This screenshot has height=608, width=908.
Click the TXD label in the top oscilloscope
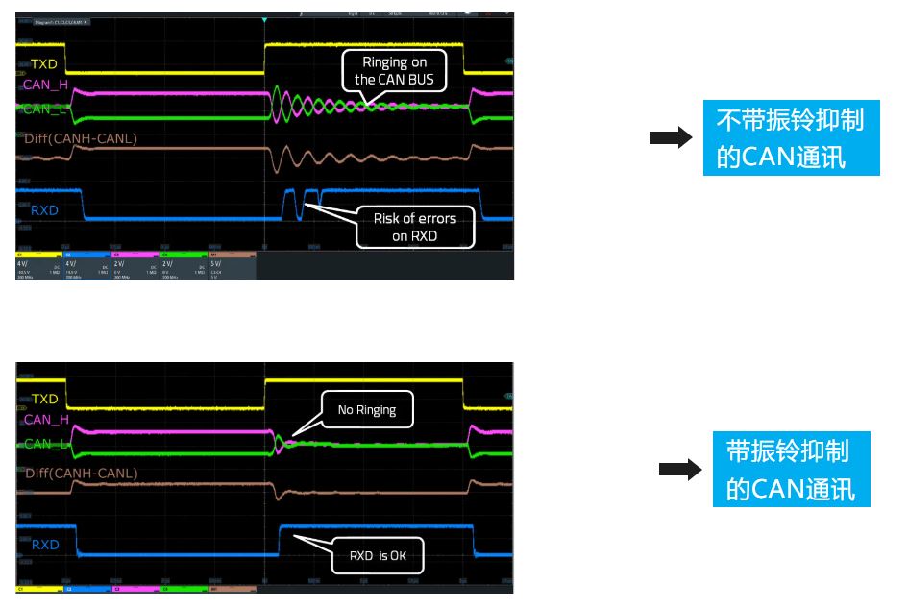tap(44, 64)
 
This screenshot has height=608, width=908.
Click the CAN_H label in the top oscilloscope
tap(46, 85)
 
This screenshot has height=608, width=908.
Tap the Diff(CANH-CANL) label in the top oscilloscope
tap(81, 138)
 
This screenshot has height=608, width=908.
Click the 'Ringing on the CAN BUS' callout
tap(394, 70)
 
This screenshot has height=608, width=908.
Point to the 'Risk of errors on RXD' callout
tap(415, 227)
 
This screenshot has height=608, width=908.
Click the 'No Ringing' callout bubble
tap(366, 410)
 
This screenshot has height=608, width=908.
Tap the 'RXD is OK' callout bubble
tap(378, 555)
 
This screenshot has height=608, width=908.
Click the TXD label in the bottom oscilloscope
tap(44, 399)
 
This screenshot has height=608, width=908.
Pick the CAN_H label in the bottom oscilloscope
tap(46, 420)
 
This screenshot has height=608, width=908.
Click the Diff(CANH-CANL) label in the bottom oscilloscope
tap(81, 473)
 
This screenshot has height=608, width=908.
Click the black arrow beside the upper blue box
tap(671, 138)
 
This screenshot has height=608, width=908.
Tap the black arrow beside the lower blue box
tap(679, 471)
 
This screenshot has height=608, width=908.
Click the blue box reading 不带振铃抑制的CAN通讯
tap(791, 138)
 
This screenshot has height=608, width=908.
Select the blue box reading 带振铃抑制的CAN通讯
tap(791, 470)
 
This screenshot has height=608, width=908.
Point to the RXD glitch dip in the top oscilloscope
tap(300, 206)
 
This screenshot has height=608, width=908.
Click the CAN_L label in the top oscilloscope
tap(44, 109)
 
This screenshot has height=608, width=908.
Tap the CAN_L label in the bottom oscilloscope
tap(45, 444)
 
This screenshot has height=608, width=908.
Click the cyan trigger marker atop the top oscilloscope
tap(264, 19)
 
